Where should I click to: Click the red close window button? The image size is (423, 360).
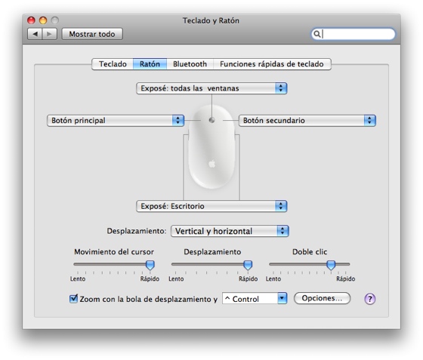pos(31,20)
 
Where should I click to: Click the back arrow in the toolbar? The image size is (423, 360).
pos(35,34)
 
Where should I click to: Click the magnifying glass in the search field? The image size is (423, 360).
pos(317,34)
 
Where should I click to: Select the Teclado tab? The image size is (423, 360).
pos(113,64)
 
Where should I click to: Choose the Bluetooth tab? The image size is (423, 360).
pos(190,64)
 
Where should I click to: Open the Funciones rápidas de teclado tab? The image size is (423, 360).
pos(272,64)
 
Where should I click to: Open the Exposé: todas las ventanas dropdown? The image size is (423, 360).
pos(211,88)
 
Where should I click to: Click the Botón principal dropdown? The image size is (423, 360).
pos(116,121)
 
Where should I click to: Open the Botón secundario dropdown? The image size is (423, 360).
pos(307,121)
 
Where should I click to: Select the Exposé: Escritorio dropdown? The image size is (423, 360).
pos(211,206)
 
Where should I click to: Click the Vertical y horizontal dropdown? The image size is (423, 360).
pos(230,231)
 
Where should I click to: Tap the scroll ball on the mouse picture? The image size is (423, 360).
pos(211,120)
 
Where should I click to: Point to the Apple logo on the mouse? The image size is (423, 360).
pos(212,164)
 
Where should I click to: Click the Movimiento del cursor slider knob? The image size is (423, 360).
pos(150,265)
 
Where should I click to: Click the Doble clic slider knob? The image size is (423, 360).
pos(331,265)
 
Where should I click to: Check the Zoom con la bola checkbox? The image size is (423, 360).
pos(73,299)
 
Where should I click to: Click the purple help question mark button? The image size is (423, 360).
pos(370,299)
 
